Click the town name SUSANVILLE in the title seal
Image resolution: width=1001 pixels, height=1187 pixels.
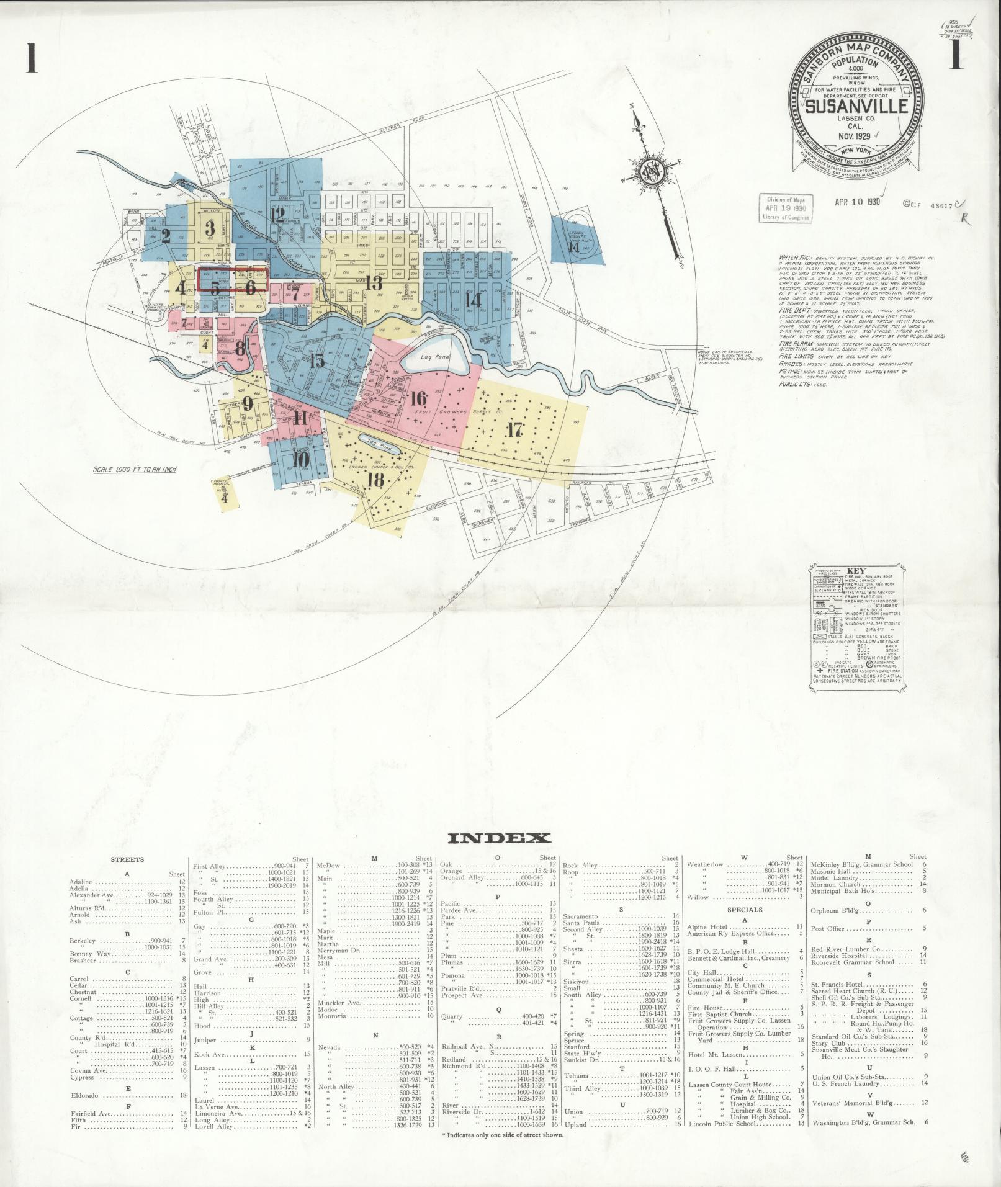(x=856, y=105)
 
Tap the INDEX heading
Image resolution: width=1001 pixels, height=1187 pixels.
(x=499, y=838)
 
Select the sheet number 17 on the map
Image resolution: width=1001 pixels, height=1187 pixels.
(x=514, y=429)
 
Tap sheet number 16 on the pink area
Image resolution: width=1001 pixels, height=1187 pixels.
(x=418, y=398)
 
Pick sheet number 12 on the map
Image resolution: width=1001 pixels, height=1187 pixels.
(x=277, y=215)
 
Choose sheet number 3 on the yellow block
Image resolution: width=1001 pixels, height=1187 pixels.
(x=210, y=228)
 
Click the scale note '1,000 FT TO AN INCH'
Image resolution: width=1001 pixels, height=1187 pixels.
(x=135, y=469)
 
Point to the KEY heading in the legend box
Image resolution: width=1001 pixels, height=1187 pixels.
(x=857, y=571)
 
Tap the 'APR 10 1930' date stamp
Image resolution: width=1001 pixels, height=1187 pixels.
(x=858, y=202)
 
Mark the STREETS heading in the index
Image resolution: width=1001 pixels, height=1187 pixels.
(x=127, y=859)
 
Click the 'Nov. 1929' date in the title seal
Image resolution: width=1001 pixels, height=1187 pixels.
(x=855, y=134)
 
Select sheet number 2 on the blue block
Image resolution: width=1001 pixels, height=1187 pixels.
(x=166, y=236)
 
